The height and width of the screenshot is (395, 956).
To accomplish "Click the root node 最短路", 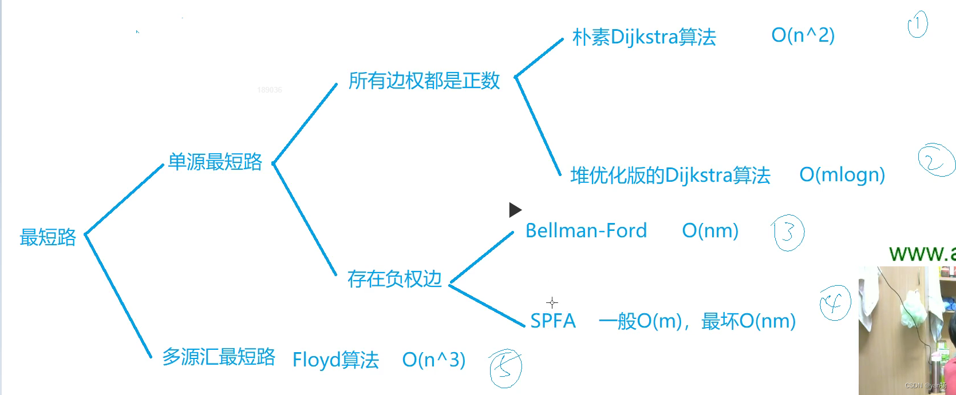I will click(48, 237).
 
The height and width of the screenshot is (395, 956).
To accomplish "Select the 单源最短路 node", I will click(215, 162).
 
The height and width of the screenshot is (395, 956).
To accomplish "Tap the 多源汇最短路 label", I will click(219, 357).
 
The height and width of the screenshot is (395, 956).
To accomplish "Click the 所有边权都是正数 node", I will click(424, 81).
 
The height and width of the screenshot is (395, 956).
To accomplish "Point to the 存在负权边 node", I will click(394, 279).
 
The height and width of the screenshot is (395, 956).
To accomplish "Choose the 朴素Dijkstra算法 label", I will click(644, 37).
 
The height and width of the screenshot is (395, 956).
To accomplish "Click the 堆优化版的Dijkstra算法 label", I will click(670, 175).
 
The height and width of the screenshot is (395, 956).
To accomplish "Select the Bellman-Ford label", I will click(586, 230).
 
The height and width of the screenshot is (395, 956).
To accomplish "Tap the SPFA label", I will click(553, 321).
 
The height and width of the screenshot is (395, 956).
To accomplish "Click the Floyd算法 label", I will click(335, 360).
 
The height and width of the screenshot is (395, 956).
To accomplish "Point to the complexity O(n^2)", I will click(803, 35).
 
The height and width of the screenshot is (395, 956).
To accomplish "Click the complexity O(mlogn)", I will click(842, 174).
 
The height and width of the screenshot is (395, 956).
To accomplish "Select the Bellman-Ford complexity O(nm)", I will click(710, 230).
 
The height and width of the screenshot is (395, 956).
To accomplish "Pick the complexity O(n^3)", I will click(434, 360).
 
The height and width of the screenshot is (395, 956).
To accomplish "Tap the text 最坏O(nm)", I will click(749, 321).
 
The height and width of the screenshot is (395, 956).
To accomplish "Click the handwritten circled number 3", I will click(788, 233).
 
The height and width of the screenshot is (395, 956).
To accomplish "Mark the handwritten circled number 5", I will click(505, 368).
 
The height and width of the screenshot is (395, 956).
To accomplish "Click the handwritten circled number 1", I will click(918, 25).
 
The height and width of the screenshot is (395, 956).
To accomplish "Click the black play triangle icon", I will click(515, 210).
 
